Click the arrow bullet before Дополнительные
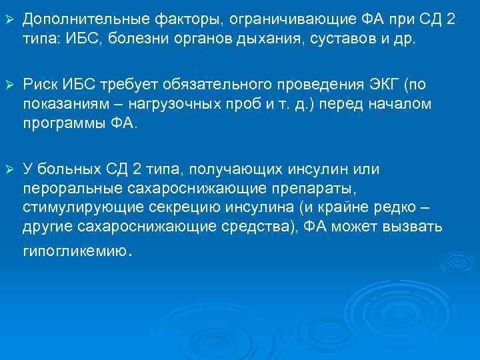pos(9,19)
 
